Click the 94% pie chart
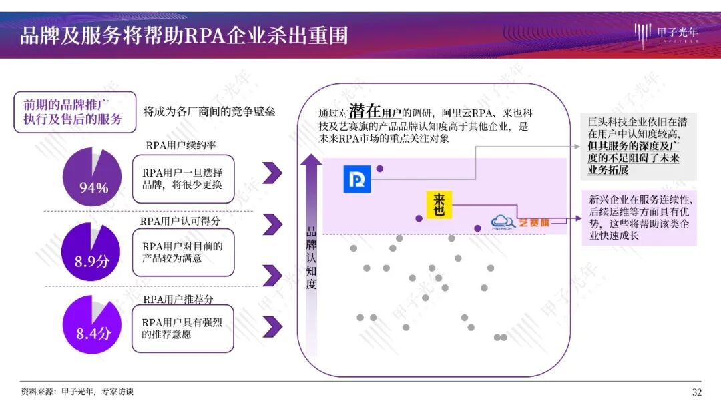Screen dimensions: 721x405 point(93,178)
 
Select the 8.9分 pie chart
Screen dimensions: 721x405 point(93,252)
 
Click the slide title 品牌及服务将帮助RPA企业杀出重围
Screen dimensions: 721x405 point(184,35)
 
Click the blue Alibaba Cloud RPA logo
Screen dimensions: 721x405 point(356,180)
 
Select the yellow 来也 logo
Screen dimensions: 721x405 point(439,204)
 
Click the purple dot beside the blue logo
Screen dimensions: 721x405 point(380,169)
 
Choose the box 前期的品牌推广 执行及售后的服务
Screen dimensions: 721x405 point(74,112)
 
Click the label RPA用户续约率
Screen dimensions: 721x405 point(180,145)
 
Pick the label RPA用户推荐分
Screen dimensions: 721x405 point(178,300)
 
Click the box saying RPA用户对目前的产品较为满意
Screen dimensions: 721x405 point(184,252)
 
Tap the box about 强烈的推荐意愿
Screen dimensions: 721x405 point(184,328)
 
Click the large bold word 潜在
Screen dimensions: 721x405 point(365,111)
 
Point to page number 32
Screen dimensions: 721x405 point(697,392)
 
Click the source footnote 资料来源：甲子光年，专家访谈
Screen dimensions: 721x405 point(77,392)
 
